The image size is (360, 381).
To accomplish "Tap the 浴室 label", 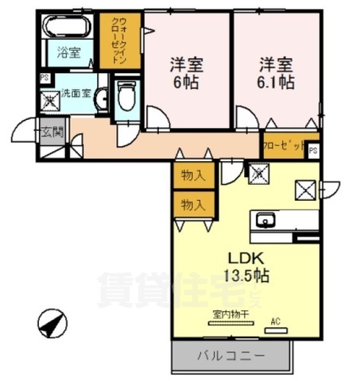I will click(68, 53).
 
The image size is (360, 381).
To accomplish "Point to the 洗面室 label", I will click(75, 93).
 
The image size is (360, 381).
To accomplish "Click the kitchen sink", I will click(265, 221).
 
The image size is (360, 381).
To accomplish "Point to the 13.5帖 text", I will click(246, 276).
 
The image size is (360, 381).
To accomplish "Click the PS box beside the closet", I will click(313, 149).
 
